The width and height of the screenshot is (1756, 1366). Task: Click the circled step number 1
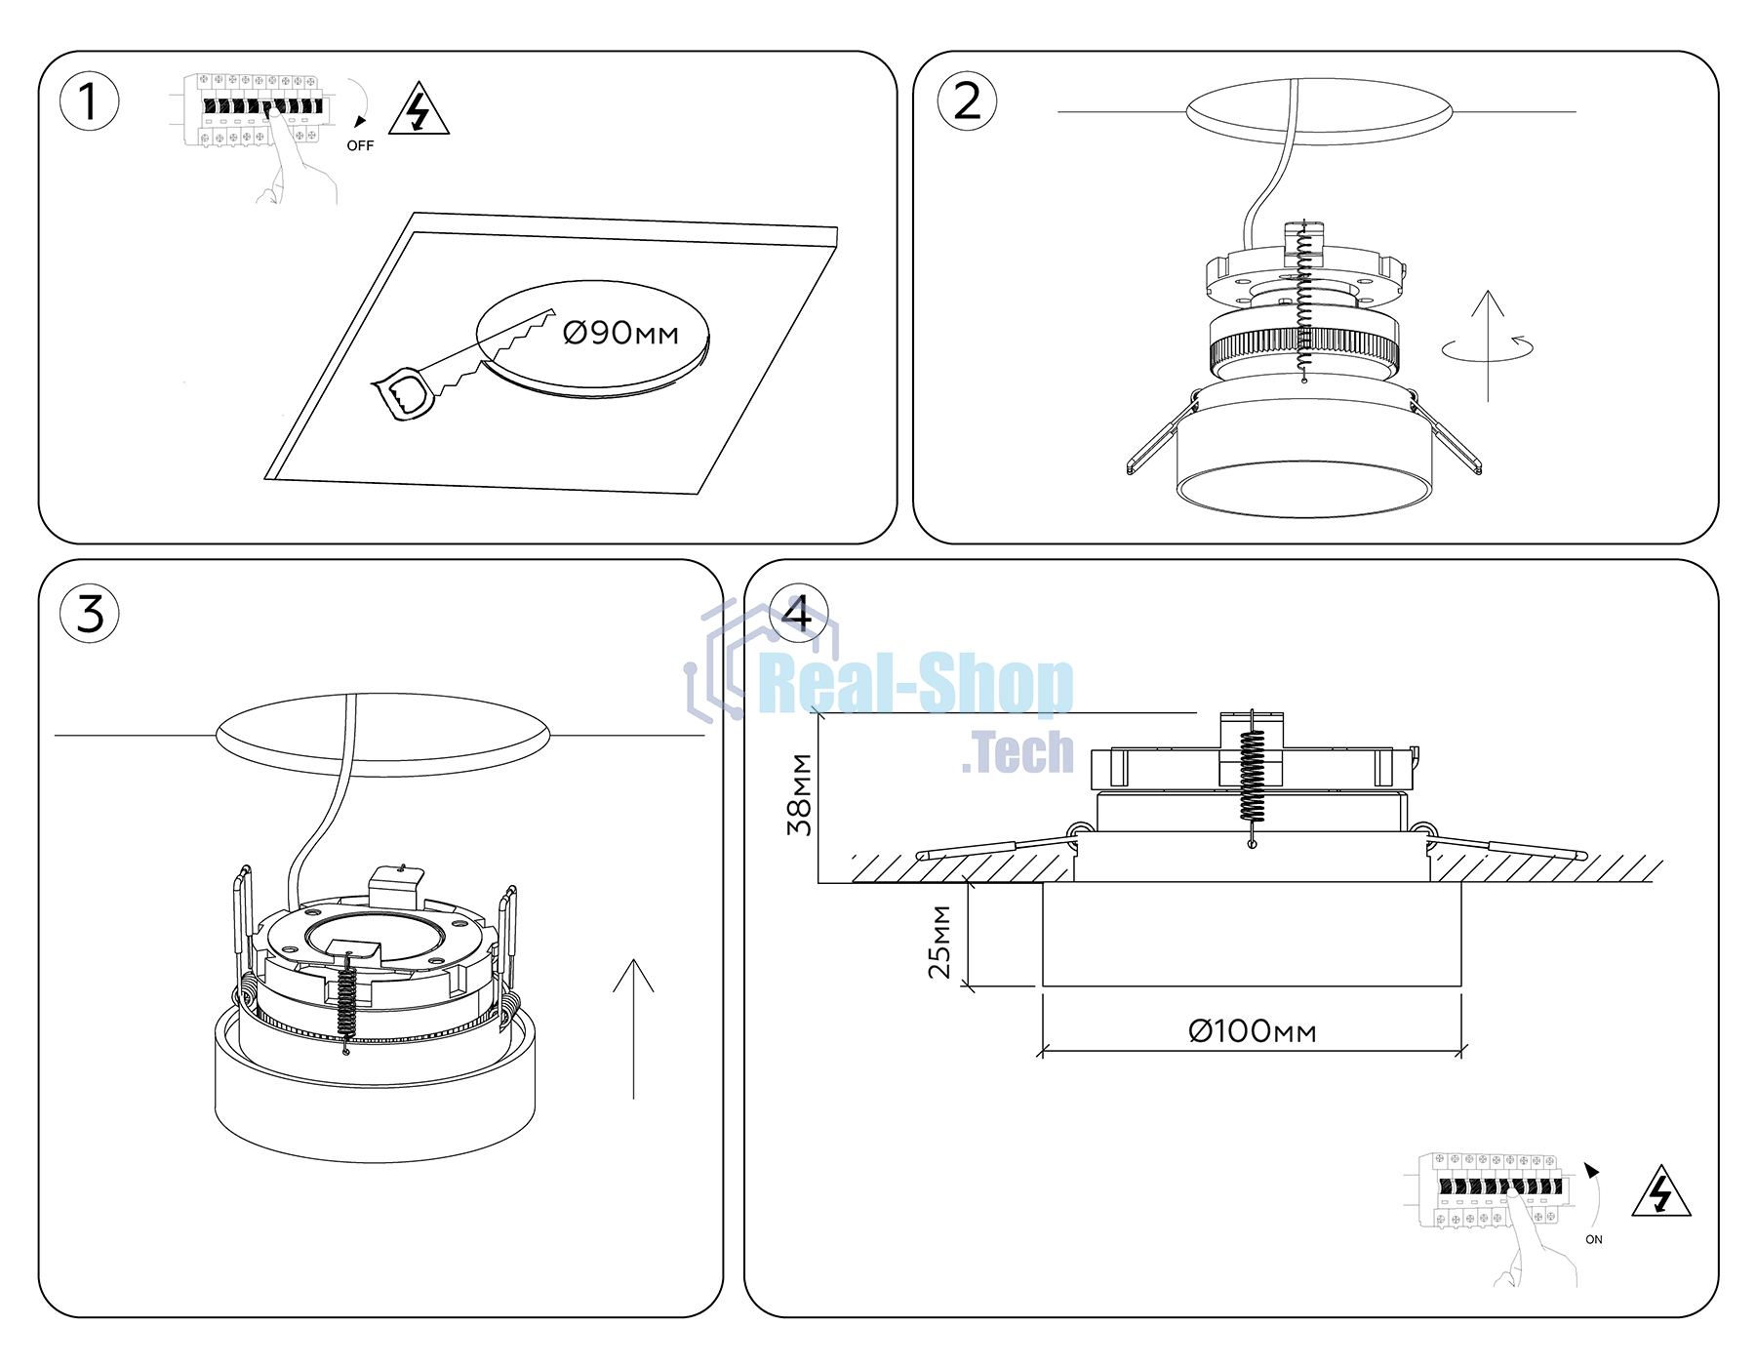pyautogui.click(x=90, y=101)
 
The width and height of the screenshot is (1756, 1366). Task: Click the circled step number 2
pyautogui.click(x=967, y=101)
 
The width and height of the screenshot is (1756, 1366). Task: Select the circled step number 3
pyautogui.click(x=90, y=614)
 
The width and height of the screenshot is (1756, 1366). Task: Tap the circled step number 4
pyautogui.click(x=799, y=614)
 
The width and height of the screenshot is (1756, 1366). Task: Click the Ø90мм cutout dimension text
pyautogui.click(x=620, y=333)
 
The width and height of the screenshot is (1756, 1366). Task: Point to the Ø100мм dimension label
pyautogui.click(x=1253, y=1030)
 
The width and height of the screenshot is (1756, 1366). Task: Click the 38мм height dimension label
pyautogui.click(x=800, y=794)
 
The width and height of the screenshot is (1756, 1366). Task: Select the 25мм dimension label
pyautogui.click(x=939, y=943)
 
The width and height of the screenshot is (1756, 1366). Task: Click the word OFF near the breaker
pyautogui.click(x=360, y=145)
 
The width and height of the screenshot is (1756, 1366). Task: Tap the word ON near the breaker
pyautogui.click(x=1594, y=1239)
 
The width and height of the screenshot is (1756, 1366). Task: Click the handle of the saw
pyautogui.click(x=402, y=394)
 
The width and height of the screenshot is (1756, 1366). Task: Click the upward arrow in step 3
pyautogui.click(x=634, y=1028)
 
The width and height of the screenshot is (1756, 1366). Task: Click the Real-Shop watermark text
pyautogui.click(x=916, y=685)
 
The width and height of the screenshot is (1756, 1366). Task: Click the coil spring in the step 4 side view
pyautogui.click(x=1252, y=778)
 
